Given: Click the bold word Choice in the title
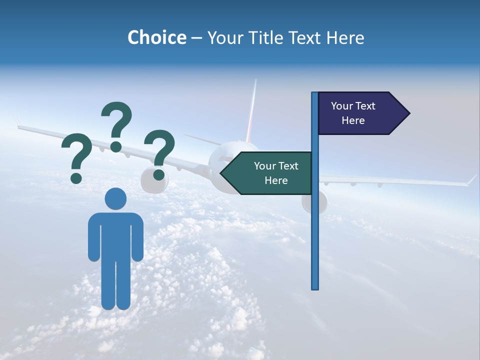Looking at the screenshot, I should [x=156, y=38].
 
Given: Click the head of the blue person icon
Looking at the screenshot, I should [x=115, y=198].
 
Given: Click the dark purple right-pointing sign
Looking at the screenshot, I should [x=357, y=113].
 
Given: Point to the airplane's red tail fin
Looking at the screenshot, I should [x=251, y=112].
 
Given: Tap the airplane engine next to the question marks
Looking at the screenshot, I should [x=148, y=181].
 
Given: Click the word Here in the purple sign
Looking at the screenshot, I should [x=353, y=120].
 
